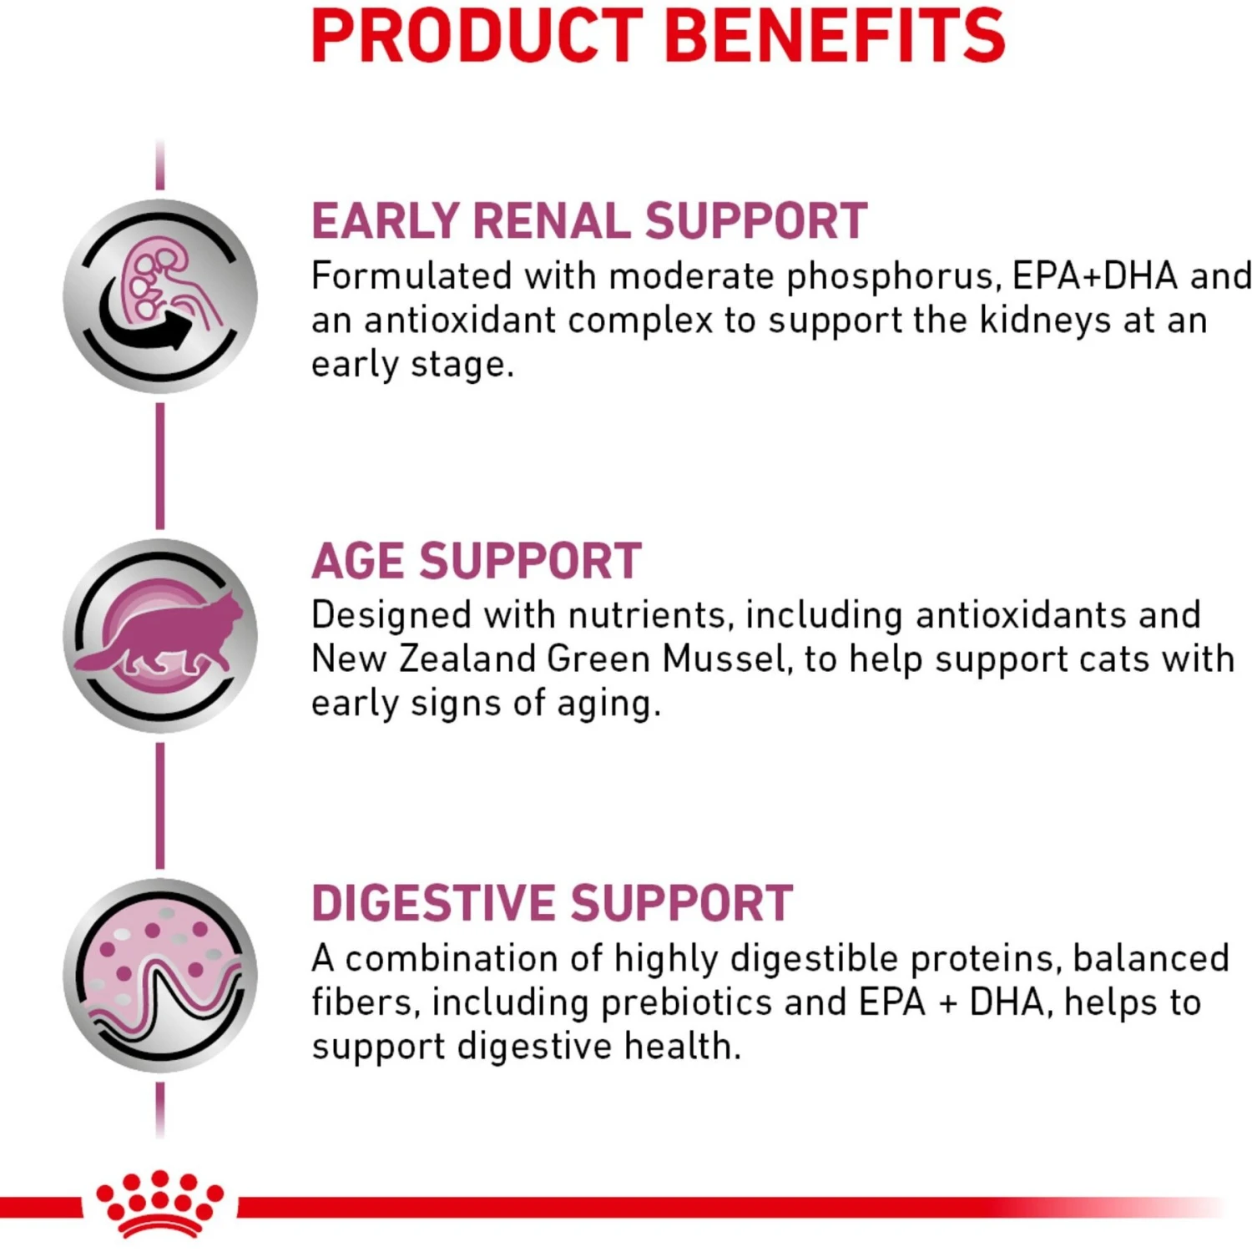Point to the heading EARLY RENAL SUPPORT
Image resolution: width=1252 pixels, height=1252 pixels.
[588, 221]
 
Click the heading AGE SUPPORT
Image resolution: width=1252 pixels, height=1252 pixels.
[476, 561]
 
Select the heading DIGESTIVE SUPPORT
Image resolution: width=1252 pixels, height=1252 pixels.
[552, 903]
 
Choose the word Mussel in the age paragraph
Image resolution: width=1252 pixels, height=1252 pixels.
[725, 659]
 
